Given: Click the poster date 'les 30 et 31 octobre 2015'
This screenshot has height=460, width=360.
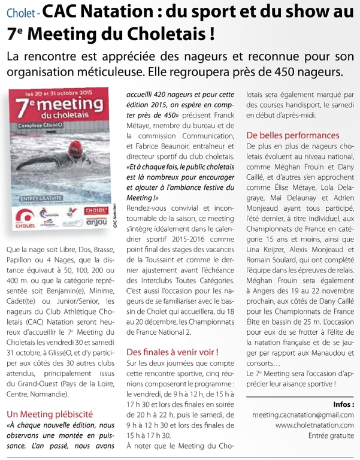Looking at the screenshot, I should click(x=58, y=94).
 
